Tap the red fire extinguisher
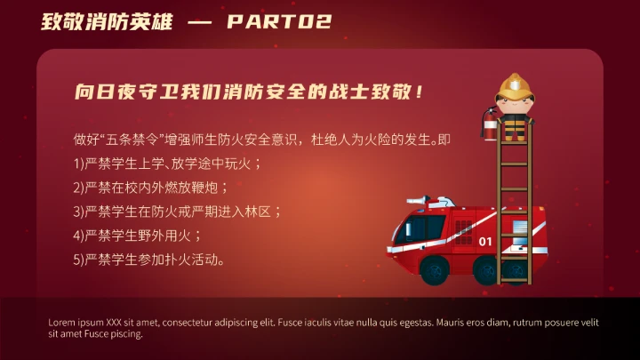(x=488, y=124)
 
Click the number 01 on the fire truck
(x=484, y=241)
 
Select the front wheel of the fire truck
(x=433, y=269)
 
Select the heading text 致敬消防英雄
(x=107, y=21)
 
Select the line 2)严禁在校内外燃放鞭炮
(x=152, y=188)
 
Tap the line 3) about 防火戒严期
(x=178, y=212)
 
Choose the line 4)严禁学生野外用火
(x=138, y=236)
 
